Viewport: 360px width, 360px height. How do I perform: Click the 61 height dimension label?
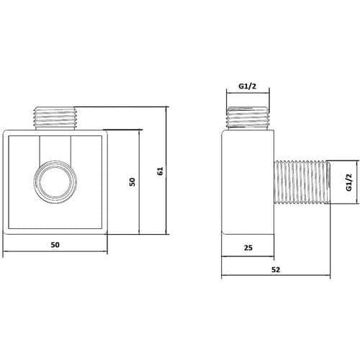point(161,171)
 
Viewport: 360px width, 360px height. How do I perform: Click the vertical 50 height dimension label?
point(132,181)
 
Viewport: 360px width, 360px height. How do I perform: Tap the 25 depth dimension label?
point(247,248)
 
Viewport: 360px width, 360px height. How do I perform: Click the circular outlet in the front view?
point(55,180)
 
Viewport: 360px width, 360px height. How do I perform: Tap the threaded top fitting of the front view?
point(55,118)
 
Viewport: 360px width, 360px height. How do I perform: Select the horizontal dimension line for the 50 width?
point(55,253)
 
